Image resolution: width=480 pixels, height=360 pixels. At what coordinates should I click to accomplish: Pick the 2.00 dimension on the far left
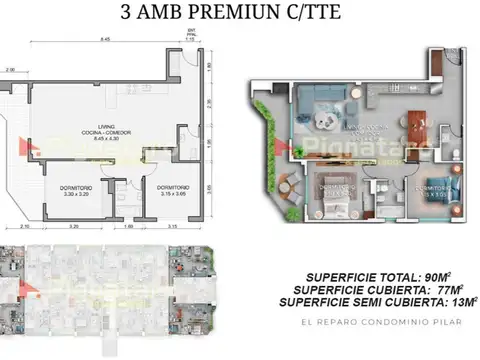[9, 70]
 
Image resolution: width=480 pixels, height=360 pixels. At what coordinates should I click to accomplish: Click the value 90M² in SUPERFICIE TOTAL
[424, 273]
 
